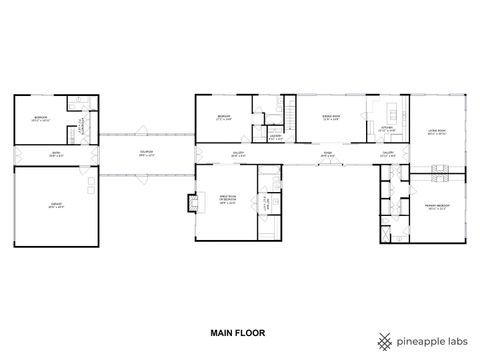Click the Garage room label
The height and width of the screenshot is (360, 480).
(56, 204)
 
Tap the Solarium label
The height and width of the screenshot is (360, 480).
(146, 153)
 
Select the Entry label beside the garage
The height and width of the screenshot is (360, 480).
(56, 154)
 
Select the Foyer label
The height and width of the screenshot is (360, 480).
(327, 154)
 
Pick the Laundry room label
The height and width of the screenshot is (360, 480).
(274, 138)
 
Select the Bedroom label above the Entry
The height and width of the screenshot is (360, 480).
(39, 117)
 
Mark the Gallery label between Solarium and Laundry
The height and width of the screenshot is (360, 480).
(238, 154)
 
